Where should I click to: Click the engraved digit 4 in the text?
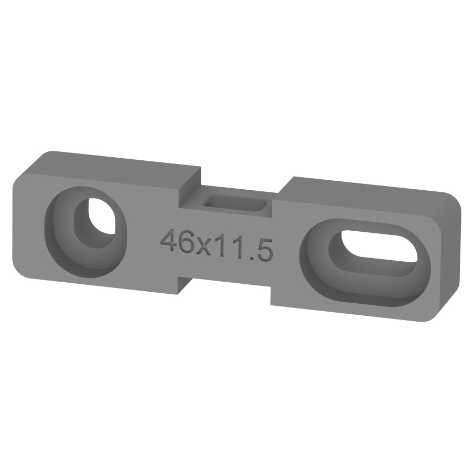[168, 240]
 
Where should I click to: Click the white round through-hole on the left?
[101, 215]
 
